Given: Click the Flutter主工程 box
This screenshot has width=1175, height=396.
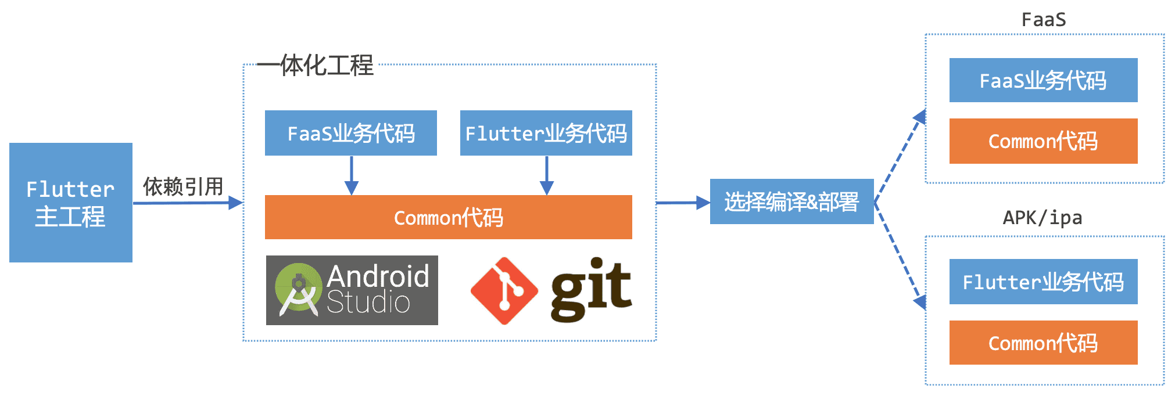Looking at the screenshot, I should pos(71,203).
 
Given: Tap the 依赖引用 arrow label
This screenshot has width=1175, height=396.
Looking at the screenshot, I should pos(183,187).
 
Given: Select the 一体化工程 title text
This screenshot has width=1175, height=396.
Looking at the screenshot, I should pos(316,65).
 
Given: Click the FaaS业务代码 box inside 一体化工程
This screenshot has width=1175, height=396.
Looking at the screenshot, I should pos(351,133).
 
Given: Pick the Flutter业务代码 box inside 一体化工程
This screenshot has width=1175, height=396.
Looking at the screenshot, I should pos(546,133).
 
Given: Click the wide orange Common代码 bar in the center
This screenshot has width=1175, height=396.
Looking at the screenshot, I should pos(448,217).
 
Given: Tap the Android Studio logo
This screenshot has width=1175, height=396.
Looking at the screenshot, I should pos(352,290).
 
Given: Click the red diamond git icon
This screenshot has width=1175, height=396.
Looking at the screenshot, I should pos(504,290).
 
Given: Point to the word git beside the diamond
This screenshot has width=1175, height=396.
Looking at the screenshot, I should pos(590,289).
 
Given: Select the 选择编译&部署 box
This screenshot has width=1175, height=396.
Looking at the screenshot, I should pos(791,201).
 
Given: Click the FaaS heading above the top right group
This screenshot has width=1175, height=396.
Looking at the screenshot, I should pos(1044,20).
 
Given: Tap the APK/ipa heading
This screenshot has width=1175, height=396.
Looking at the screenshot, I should pos(1043,218).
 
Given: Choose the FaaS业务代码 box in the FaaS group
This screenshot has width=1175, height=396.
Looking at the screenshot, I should pos(1043,80).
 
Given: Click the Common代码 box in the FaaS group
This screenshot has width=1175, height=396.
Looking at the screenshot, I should pos(1043,141).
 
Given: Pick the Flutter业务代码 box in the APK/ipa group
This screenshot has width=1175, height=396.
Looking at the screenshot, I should pos(1043,282).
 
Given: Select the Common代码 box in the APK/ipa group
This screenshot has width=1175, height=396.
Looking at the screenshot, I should pos(1043,343).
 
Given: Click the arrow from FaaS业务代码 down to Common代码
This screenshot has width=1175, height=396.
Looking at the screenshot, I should pos(352,175).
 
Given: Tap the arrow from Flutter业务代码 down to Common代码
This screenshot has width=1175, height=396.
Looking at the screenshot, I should pos(547,175).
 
